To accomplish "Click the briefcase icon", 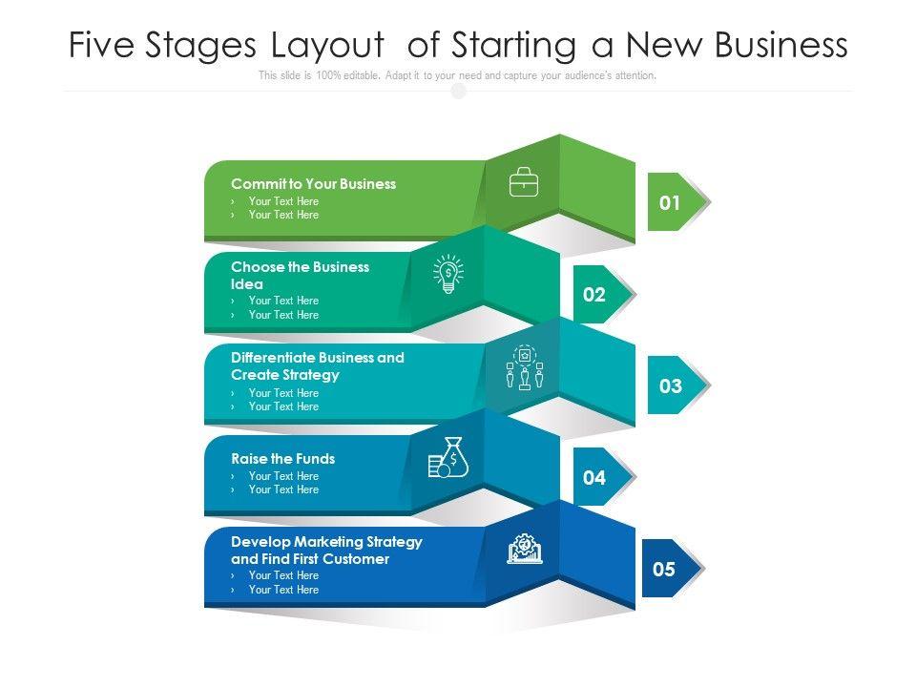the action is click(524, 181).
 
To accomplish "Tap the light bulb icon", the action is click(448, 274).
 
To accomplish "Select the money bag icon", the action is click(448, 457).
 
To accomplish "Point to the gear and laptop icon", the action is click(524, 549).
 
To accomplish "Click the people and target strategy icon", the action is click(524, 367).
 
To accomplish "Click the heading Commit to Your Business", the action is click(313, 184).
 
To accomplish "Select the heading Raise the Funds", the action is click(282, 459).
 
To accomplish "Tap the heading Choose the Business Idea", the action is click(300, 276).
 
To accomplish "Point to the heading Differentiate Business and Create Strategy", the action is click(317, 366).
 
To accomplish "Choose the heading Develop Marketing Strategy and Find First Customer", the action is click(326, 551).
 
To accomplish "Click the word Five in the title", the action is click(102, 45).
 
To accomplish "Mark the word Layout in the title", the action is click(327, 45).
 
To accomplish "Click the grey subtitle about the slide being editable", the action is click(457, 75).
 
